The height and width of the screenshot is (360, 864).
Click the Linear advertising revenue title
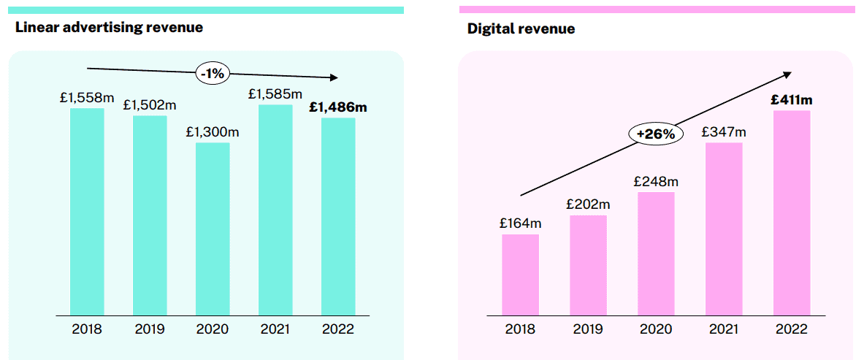109,28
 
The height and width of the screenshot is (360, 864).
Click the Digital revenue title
521,29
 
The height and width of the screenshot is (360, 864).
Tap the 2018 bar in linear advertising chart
87,212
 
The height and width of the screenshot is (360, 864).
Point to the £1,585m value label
275,93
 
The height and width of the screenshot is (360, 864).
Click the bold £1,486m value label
337,107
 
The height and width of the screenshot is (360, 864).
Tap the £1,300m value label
213,132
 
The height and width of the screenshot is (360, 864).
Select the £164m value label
520,223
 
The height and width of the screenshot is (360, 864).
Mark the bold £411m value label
792,100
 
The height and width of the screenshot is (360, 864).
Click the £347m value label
724,132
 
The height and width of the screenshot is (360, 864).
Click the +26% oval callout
655,134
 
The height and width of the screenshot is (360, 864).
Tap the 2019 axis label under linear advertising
150,329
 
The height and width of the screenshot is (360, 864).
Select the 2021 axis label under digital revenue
724,329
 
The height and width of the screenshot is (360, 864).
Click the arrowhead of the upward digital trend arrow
789,73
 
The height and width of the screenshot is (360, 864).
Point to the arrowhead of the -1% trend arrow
335,77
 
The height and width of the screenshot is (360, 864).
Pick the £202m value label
588,204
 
